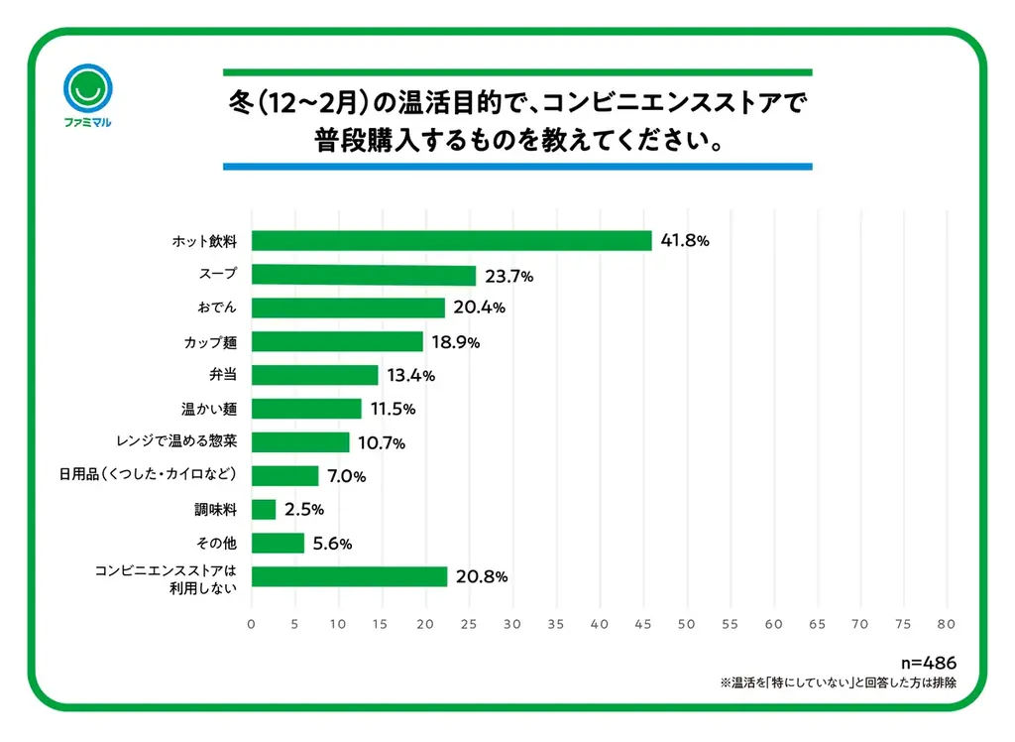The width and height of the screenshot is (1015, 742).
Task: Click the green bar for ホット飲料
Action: pyautogui.click(x=451, y=241)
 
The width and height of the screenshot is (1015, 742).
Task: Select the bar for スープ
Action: pyautogui.click(x=363, y=276)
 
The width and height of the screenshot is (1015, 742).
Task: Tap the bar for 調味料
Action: pyautogui.click(x=264, y=509)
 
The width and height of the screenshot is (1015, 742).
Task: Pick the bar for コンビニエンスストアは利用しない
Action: pyautogui.click(x=349, y=576)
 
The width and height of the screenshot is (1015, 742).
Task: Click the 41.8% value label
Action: pyautogui.click(x=685, y=241)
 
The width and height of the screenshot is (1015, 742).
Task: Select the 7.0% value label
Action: pyautogui.click(x=346, y=476)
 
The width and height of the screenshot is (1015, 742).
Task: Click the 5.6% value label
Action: pyautogui.click(x=332, y=544)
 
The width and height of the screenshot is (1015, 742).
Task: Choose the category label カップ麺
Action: pyautogui.click(x=210, y=342)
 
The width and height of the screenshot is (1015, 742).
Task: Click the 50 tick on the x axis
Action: pyautogui.click(x=686, y=624)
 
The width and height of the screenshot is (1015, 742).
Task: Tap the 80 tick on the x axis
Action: pyautogui.click(x=947, y=624)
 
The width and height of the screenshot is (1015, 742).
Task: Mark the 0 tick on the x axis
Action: pyautogui.click(x=251, y=624)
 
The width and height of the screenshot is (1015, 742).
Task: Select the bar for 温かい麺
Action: pyautogui.click(x=306, y=409)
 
